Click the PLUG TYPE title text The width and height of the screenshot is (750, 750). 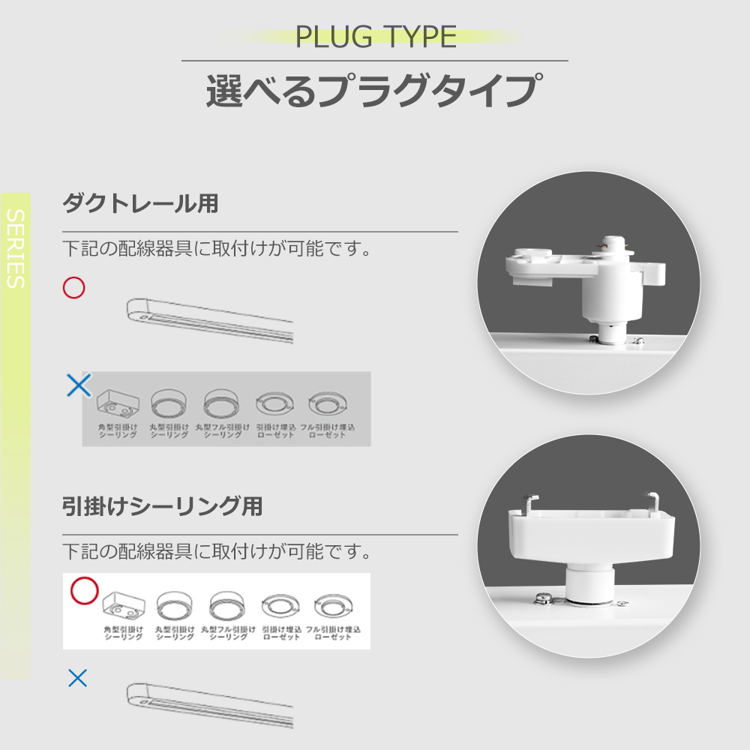(376, 36)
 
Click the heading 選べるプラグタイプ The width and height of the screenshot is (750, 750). (372, 91)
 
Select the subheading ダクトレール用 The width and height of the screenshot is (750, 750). (140, 203)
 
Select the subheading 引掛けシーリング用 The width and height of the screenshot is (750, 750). (163, 507)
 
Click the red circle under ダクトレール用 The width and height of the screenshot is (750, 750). (73, 287)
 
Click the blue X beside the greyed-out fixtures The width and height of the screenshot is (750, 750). (79, 385)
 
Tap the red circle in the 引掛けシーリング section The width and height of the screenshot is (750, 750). (84, 591)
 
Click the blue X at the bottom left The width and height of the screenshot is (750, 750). (77, 679)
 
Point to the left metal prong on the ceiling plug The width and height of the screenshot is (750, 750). (531, 501)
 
